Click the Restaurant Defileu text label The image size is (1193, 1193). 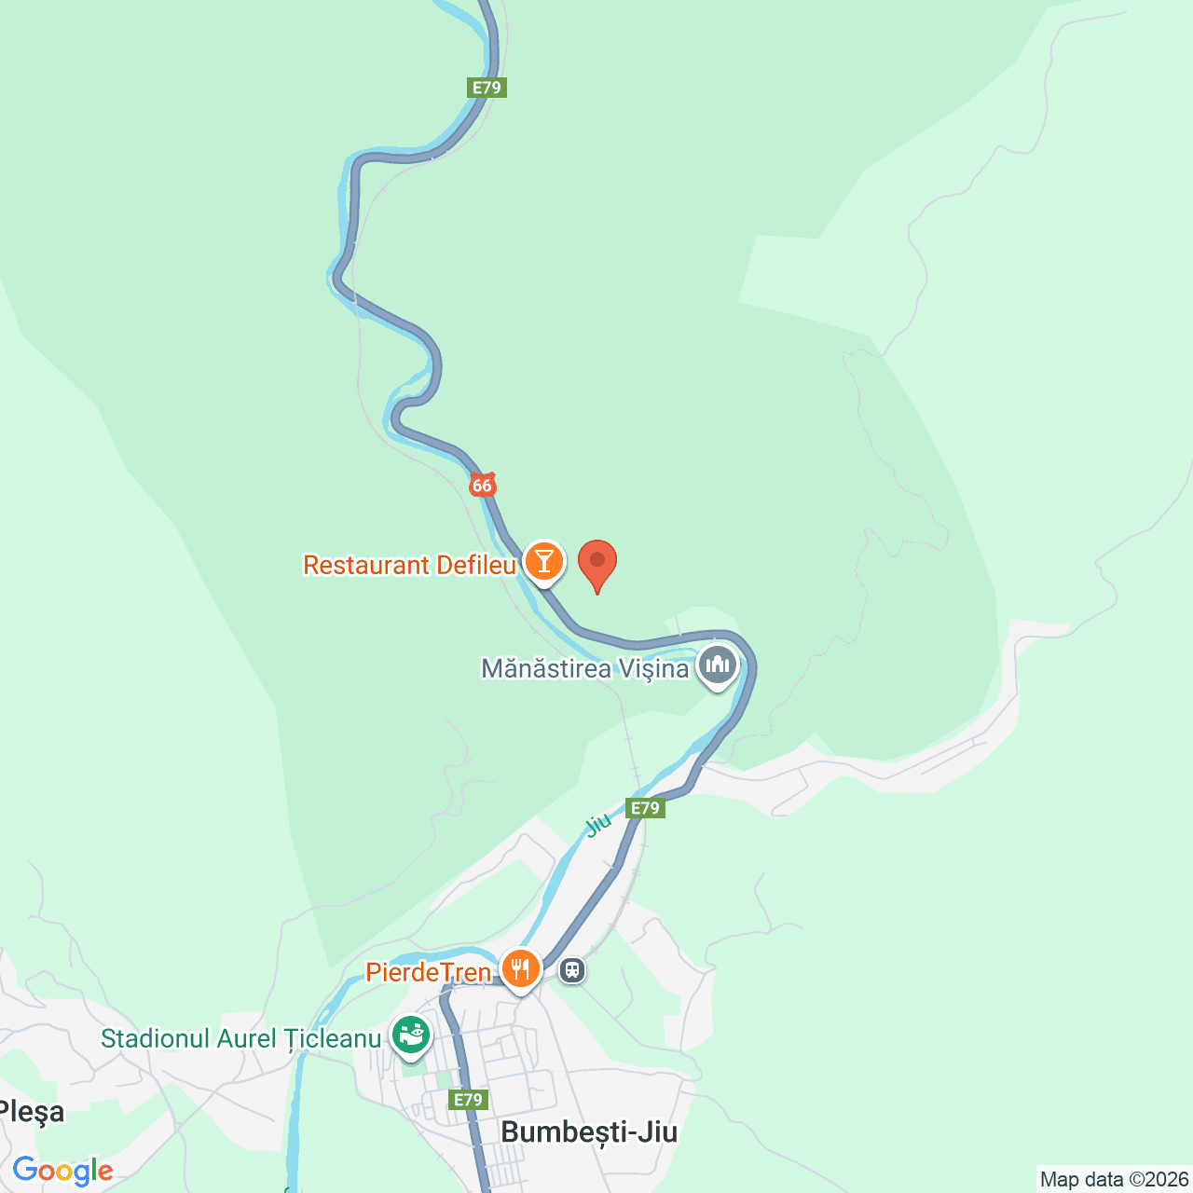point(409,565)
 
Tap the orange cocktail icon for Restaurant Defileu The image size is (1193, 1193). point(543,562)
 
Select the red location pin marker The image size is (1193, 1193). point(597,564)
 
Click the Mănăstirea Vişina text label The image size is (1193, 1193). point(584,668)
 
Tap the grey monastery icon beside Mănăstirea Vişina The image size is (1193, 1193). point(718,665)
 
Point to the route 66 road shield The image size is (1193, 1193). point(482,485)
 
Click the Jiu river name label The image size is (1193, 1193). point(597,824)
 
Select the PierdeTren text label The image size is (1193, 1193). point(428,972)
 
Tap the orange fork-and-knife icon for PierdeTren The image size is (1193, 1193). point(520,969)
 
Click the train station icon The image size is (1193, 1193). point(572,970)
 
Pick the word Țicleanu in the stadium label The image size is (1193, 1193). point(333,1038)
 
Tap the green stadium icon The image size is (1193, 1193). point(410,1035)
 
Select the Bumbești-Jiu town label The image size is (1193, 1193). point(589,1131)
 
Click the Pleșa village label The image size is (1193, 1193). point(33,1111)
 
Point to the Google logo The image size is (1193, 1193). point(62,1171)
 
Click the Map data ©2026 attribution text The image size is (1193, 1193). point(1114,1179)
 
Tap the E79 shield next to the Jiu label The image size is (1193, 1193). point(645,808)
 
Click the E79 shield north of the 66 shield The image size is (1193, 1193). point(487,88)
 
